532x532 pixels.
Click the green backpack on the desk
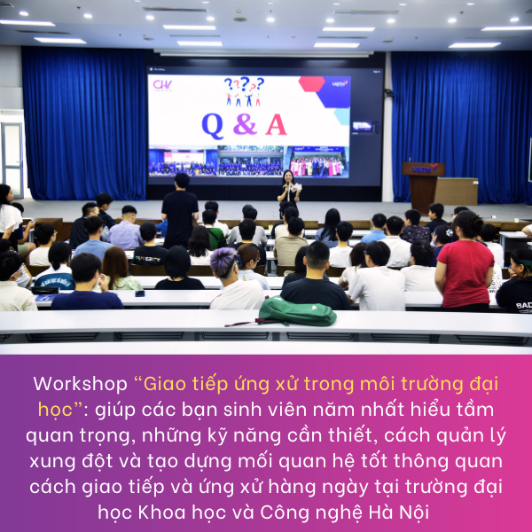tap(297, 311)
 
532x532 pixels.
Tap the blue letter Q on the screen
tap(213, 126)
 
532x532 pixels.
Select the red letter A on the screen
tap(276, 124)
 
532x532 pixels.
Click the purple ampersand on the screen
tap(245, 124)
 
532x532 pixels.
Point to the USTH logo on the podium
tap(424, 168)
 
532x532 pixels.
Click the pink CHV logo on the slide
tap(162, 85)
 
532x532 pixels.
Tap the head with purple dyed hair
tap(223, 262)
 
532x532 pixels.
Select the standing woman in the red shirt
tap(465, 262)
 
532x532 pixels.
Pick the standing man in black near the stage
tap(180, 210)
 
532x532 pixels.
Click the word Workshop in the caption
tap(80, 385)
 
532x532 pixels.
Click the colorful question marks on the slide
tap(244, 83)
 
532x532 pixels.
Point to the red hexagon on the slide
tap(312, 84)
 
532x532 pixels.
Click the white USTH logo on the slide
tap(340, 82)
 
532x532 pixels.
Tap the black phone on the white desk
tap(140, 293)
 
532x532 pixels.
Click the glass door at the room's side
tap(12, 160)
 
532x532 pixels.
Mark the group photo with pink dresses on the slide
tap(319, 162)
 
